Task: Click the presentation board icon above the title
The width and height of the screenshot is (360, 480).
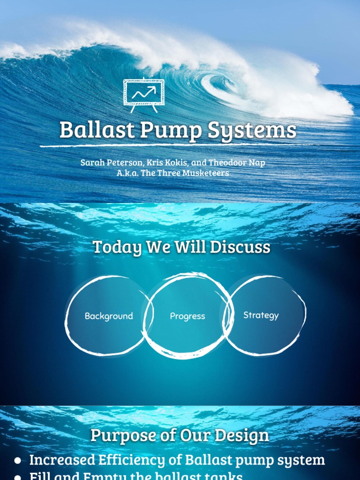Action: pyautogui.click(x=144, y=95)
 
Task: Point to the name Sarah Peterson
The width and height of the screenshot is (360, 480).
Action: pyautogui.click(x=111, y=163)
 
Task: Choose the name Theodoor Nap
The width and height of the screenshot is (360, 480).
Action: pyautogui.click(x=237, y=163)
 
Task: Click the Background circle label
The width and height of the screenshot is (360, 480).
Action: pyautogui.click(x=109, y=316)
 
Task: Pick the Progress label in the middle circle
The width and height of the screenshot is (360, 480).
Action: pyautogui.click(x=187, y=316)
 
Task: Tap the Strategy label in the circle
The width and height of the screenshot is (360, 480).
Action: pyautogui.click(x=261, y=315)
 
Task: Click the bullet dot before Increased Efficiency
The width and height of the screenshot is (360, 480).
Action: pyautogui.click(x=17, y=460)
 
